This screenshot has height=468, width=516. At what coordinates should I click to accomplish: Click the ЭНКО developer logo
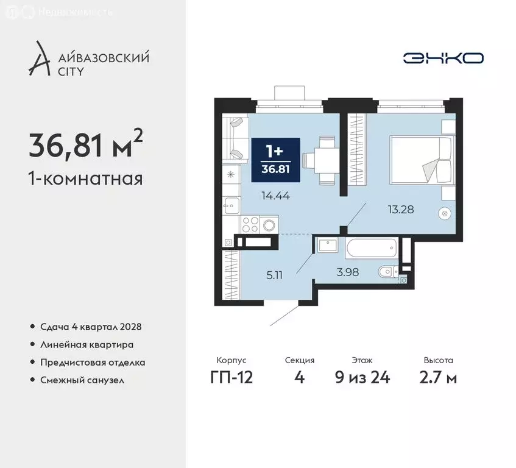(443, 58)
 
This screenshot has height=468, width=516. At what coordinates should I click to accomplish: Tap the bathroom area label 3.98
(347, 272)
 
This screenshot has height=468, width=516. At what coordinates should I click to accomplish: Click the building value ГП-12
(231, 377)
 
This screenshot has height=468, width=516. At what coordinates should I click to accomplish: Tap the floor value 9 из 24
(362, 377)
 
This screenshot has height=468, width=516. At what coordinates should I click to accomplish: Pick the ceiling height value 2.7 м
(438, 377)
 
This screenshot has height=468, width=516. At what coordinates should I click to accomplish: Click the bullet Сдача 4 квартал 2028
(90, 327)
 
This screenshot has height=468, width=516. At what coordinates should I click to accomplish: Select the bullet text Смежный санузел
(82, 380)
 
